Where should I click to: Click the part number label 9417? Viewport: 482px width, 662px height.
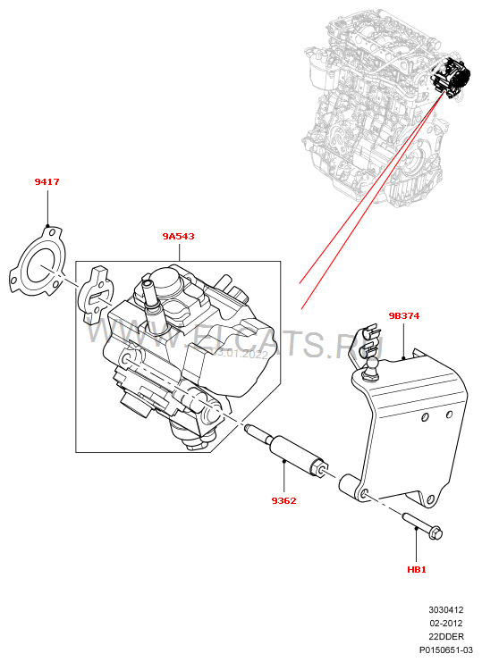47,182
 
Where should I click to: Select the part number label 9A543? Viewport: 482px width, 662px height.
178,237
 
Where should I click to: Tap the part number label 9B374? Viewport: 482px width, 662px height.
404,315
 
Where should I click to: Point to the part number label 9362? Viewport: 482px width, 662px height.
283,500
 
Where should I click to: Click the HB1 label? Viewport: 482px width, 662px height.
417,568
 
